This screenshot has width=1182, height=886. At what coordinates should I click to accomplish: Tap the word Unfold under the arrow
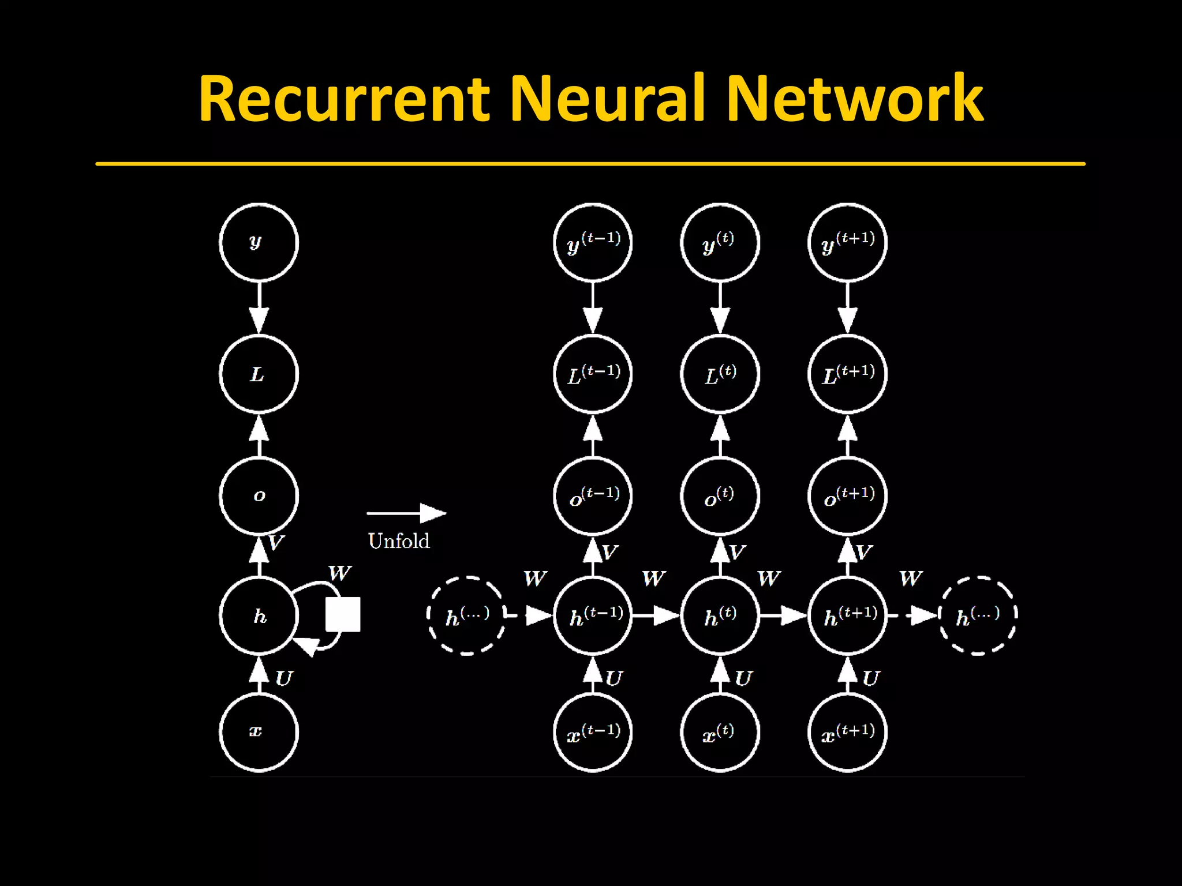coord(399,541)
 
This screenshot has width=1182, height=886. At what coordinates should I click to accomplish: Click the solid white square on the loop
coord(343,614)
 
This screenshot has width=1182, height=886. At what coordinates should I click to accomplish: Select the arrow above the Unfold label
coord(406,513)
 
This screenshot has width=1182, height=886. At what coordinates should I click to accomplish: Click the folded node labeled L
coord(259,374)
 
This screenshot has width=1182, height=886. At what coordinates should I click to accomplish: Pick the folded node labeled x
coord(259,732)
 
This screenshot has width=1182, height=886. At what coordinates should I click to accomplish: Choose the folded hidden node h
coord(259,616)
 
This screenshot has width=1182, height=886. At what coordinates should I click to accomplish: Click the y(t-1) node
coord(593,242)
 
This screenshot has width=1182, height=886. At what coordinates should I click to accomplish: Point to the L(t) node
coord(720,374)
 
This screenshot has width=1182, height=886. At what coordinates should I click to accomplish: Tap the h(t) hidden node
coord(720,616)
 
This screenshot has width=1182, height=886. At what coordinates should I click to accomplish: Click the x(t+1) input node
coord(847,732)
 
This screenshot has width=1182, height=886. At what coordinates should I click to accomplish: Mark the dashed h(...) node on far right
coord(978,616)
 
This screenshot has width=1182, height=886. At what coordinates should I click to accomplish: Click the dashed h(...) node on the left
coord(466,616)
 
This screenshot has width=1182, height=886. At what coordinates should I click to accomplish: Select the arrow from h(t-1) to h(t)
coord(656,616)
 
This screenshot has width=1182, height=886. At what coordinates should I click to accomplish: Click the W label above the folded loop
coord(339,573)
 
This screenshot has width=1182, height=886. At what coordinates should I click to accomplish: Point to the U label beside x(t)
coord(743,678)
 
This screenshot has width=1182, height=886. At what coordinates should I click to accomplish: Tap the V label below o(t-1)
coord(609,553)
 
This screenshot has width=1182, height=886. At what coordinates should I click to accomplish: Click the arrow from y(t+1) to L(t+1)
coord(847,308)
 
